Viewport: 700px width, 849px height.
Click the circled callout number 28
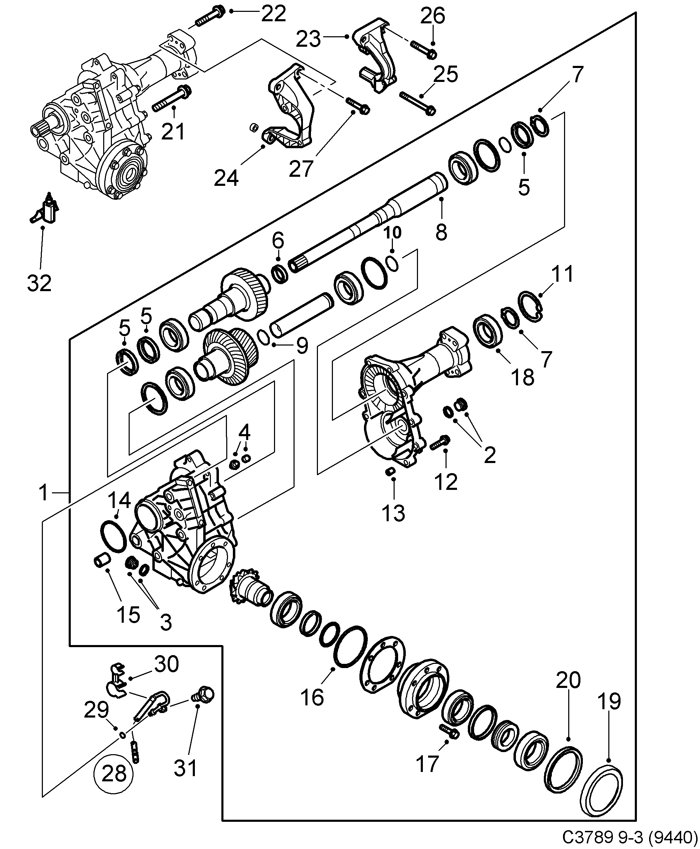click(114, 774)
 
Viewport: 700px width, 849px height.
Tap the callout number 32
click(39, 283)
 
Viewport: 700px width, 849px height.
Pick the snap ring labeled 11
click(531, 306)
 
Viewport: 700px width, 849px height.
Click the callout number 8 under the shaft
click(442, 233)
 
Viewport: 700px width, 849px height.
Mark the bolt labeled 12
click(440, 442)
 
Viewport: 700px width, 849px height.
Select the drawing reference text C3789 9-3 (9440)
click(630, 838)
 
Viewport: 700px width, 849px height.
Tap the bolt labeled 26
click(424, 51)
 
